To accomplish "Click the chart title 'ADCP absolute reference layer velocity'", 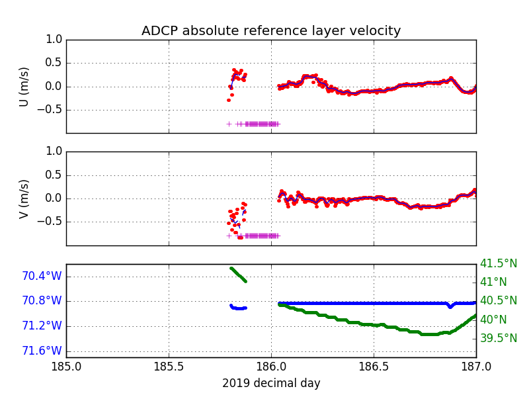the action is pos(271,30).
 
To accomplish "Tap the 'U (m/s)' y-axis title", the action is pos(24,87).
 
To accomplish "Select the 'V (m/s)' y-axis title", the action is pos(24,199).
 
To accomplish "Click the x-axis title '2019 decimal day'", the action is pos(271,383).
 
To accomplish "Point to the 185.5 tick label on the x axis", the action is pos(169,367).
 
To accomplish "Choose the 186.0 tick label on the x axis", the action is pos(271,367).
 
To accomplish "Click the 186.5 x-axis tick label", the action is pos(374,367).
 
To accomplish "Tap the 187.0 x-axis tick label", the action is pos(476,367).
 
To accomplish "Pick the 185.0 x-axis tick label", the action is pos(67,367).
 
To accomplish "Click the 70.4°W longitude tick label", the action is pos(42,276).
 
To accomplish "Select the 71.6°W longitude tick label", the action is pos(42,351).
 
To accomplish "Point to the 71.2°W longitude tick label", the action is pos(42,326).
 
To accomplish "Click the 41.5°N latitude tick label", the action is pos(499,263).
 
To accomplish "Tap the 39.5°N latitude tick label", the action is pos(499,338).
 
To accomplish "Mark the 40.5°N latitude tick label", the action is pos(499,300).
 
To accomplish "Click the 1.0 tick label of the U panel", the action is pos(54,40).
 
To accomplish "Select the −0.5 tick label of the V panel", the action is pos(50,222).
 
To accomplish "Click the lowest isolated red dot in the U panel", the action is pos(229,101).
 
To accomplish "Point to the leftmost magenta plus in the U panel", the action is pos(229,124).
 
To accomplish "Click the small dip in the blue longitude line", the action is pos(450,306).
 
